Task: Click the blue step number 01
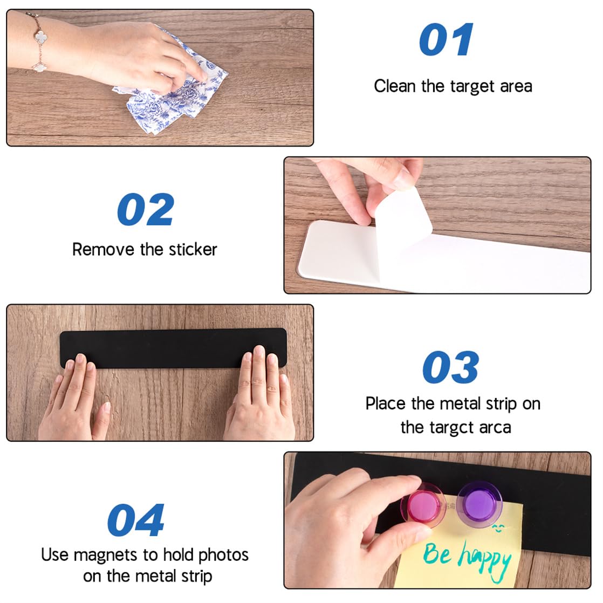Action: point(446,40)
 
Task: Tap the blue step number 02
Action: point(146,210)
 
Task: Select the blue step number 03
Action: point(450,368)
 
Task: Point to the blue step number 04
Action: point(135,520)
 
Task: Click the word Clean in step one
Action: point(395,86)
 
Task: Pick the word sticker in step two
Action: point(193,250)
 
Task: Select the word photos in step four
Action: point(223,555)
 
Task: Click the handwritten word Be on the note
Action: point(437,553)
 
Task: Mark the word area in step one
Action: point(516,86)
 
